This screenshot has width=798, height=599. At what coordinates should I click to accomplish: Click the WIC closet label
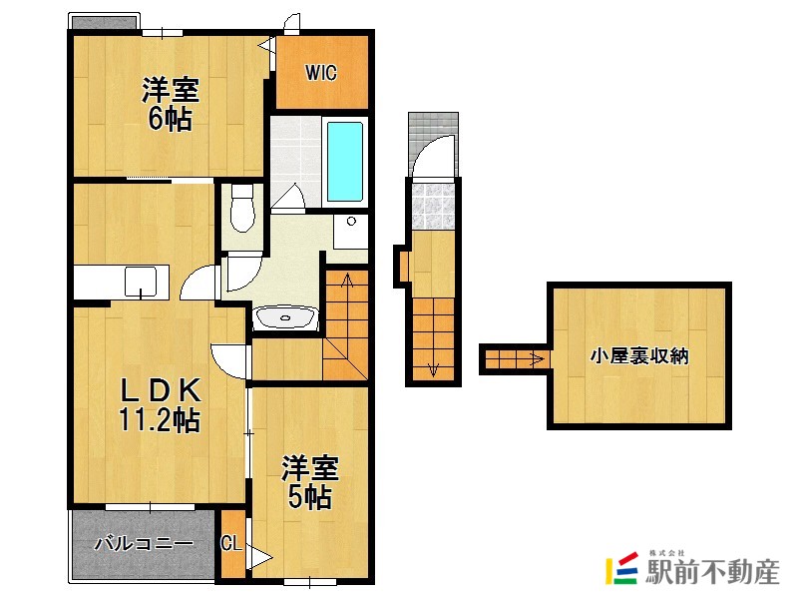tap(321, 72)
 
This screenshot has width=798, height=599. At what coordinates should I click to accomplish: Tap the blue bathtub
tap(345, 160)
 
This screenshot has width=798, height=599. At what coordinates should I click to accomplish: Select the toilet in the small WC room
tap(240, 210)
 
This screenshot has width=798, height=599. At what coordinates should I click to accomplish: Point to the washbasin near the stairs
tap(286, 318)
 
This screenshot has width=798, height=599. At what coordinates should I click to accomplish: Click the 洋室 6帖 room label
tap(170, 104)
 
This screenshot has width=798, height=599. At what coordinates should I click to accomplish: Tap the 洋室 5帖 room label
tap(308, 482)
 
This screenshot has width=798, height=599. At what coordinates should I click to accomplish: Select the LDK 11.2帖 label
tap(161, 404)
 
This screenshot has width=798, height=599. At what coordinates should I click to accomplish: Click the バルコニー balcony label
tap(144, 544)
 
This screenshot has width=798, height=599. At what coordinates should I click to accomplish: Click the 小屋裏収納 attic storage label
tap(639, 356)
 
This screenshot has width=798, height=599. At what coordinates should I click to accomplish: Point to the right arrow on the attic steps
tap(537, 356)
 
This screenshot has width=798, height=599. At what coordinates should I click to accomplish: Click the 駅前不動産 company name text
tap(712, 572)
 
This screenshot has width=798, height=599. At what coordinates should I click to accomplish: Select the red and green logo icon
tap(623, 568)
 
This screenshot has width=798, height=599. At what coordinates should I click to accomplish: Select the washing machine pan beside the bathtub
tap(349, 232)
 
